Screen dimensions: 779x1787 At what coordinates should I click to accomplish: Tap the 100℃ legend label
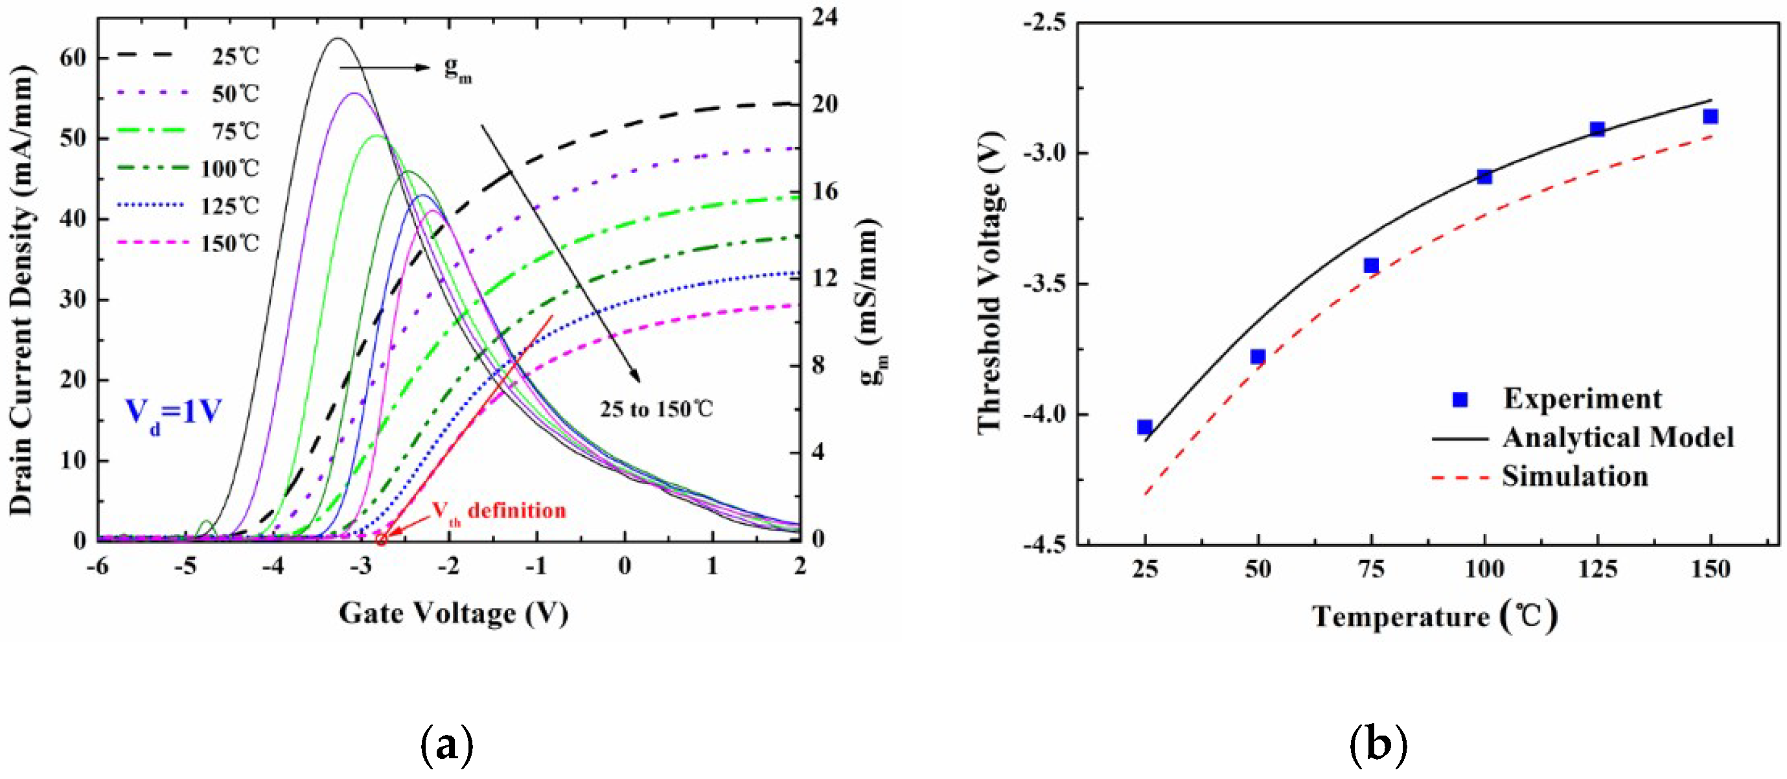229,169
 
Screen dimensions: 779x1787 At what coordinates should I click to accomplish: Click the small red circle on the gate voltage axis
381,539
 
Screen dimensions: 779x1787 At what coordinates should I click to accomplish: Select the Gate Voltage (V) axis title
453,613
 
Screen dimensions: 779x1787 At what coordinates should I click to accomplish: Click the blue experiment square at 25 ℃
1145,426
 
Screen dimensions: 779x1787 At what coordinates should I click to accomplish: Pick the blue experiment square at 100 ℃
1484,176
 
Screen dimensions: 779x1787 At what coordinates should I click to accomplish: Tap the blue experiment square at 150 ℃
1710,117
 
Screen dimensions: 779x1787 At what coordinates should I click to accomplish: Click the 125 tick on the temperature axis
1598,570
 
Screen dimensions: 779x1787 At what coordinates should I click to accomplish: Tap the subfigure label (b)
1378,745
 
